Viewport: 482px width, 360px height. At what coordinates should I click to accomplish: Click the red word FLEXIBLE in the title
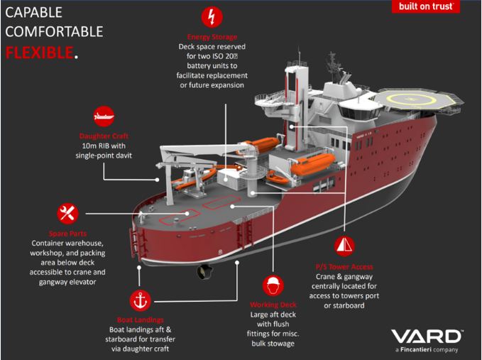pyautogui.click(x=40, y=52)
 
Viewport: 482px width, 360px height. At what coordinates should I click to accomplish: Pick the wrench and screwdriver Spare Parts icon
pyautogui.click(x=68, y=212)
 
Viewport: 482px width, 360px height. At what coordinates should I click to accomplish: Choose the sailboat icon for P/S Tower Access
pyautogui.click(x=344, y=246)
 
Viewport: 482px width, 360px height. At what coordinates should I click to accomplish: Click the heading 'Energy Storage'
pyautogui.click(x=211, y=37)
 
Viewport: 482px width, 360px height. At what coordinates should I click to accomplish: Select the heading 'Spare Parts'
pyautogui.click(x=68, y=234)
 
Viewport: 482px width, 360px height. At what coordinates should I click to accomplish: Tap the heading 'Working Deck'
pyautogui.click(x=273, y=305)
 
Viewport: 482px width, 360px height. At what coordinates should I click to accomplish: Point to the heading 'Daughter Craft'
pyautogui.click(x=104, y=136)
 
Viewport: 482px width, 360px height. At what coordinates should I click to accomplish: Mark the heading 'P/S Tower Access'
pyautogui.click(x=344, y=266)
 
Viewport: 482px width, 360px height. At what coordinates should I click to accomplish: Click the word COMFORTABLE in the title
pyautogui.click(x=54, y=32)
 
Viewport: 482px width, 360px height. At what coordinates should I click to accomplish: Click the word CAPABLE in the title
pyautogui.click(x=34, y=13)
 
